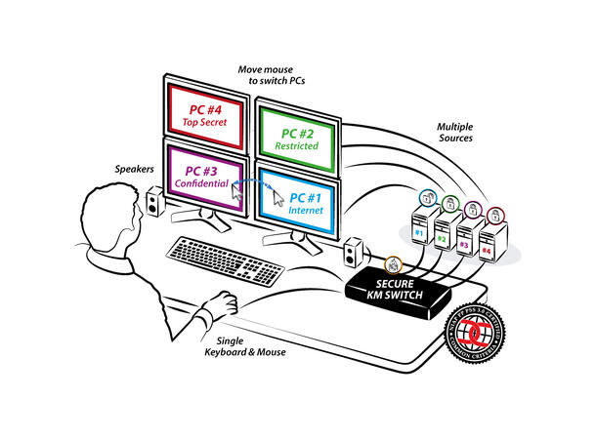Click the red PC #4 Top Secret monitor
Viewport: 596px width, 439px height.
pos(205,107)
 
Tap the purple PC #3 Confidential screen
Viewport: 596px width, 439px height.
pos(202,175)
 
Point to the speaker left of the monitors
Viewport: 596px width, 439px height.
pos(154,203)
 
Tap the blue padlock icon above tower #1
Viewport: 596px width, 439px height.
pos(427,197)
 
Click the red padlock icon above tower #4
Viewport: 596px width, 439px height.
pos(495,212)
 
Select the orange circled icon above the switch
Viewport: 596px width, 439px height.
pos(392,263)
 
